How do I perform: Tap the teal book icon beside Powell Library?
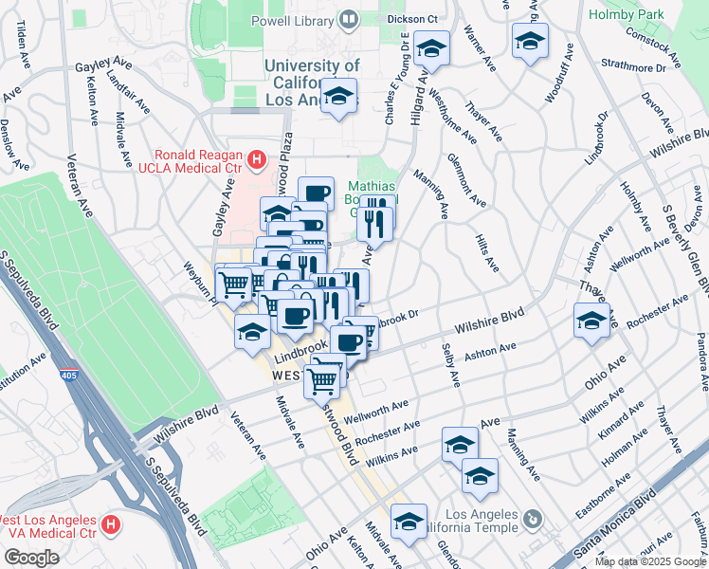[x=350, y=19]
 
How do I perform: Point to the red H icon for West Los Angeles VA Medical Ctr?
[x=111, y=523]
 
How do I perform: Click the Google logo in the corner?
[x=31, y=558]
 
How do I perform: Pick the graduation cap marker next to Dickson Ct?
[x=431, y=48]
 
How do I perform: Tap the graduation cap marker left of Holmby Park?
[x=530, y=40]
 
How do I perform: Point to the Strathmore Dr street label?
[x=634, y=66]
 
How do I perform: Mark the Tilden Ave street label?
[x=21, y=42]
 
